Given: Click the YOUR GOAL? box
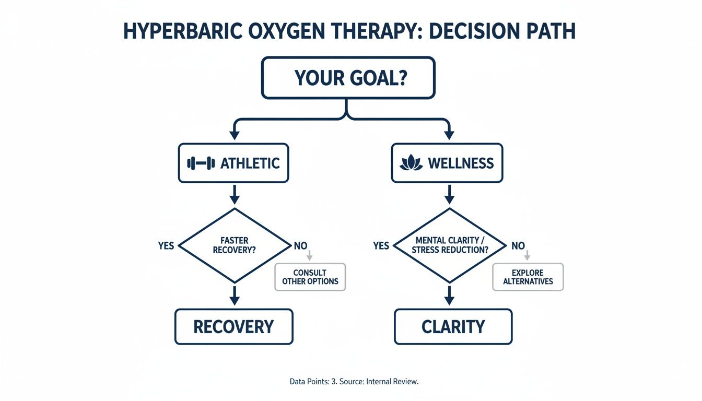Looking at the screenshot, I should (348, 78).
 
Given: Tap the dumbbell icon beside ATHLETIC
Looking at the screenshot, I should (201, 163).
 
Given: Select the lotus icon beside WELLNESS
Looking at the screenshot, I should (411, 163).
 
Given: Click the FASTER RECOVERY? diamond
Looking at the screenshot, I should (234, 245).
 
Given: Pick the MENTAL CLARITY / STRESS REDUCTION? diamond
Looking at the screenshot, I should (449, 245).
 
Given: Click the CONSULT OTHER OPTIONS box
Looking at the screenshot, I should (310, 277).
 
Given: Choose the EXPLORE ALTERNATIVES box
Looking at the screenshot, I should (528, 277).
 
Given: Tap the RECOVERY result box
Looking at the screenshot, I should (233, 327).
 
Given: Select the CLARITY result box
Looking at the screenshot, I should (453, 327).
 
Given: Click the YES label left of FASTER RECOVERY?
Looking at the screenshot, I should (166, 245).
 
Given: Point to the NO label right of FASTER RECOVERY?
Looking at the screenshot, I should (300, 245).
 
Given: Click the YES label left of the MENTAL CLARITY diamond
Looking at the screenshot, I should (381, 245).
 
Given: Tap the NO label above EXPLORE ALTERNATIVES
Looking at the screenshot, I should (518, 245).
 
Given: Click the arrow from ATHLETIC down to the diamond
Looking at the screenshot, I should (235, 194).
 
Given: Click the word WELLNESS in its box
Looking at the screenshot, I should (461, 163).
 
